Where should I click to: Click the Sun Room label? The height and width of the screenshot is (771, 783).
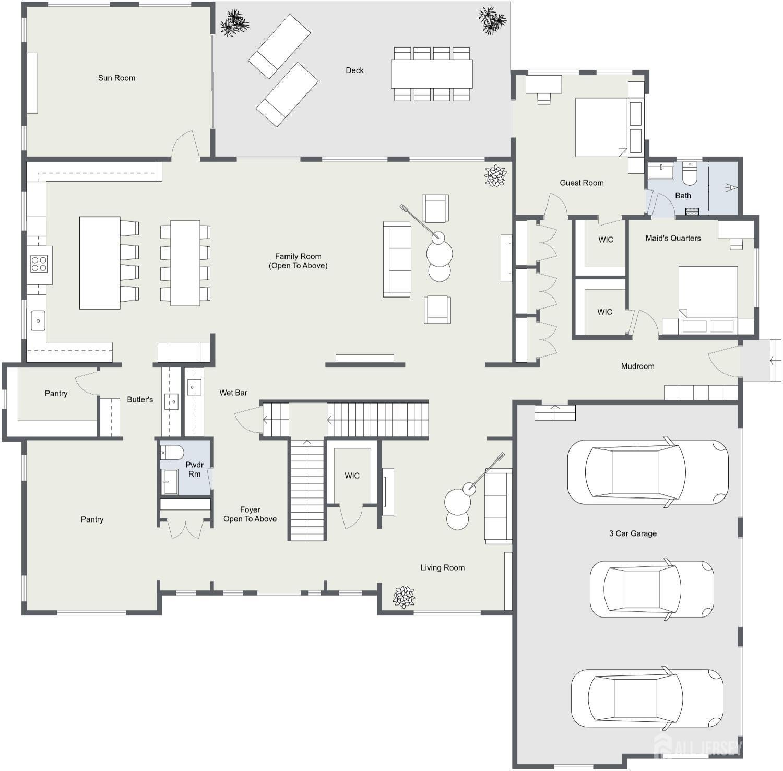click(x=116, y=78)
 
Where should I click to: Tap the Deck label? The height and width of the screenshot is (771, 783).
click(x=354, y=70)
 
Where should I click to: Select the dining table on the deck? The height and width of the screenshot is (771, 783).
click(x=432, y=74)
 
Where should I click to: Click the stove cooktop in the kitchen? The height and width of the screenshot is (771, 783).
click(x=39, y=264)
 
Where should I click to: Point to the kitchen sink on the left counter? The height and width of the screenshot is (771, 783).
click(x=38, y=321)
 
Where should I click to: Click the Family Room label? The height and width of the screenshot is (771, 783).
click(x=298, y=260)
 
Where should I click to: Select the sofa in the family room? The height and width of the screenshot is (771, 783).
click(x=397, y=259)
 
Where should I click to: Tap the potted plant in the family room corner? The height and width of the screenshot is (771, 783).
click(x=495, y=176)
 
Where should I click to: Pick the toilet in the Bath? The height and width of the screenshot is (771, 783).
click(x=690, y=174)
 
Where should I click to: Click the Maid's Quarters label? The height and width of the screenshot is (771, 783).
click(x=673, y=238)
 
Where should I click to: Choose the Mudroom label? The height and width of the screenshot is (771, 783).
click(x=637, y=366)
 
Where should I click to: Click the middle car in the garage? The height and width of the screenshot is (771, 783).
click(x=651, y=587)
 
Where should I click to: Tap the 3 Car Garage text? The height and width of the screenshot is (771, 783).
click(x=633, y=533)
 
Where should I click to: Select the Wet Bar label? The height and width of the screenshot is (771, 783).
click(x=233, y=393)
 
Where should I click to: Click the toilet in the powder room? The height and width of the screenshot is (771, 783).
click(x=172, y=452)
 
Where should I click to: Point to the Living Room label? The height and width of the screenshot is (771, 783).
click(x=442, y=567)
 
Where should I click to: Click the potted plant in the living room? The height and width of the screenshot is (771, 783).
click(x=404, y=597)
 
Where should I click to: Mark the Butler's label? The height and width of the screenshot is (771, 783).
click(x=140, y=399)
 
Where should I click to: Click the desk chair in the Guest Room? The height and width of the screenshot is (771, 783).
click(x=543, y=99)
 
